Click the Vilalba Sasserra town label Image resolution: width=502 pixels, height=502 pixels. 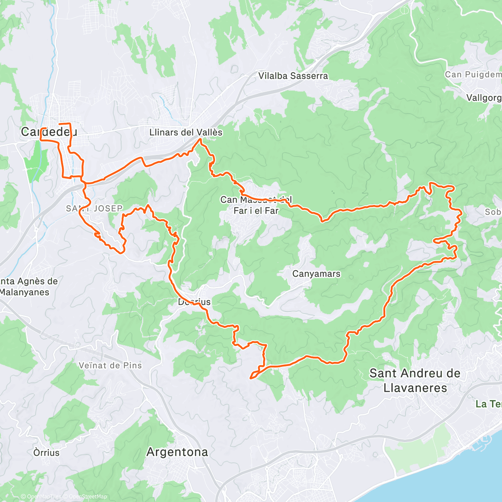coord(293,76)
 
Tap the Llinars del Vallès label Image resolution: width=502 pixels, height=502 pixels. coord(186,132)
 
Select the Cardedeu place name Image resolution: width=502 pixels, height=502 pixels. coord(49,132)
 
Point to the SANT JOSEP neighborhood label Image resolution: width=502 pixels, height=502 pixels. coord(94,208)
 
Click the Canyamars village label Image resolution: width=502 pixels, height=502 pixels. coord(316,274)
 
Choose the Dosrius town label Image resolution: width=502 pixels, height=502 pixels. coord(194,302)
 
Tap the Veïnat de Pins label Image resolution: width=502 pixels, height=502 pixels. coord(110,365)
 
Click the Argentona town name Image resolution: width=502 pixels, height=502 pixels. coord(177,452)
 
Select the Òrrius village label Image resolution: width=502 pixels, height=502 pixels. coord(46,453)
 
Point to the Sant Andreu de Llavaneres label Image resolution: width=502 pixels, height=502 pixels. coord(415,380)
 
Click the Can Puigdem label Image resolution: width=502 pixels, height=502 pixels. coord(473,74)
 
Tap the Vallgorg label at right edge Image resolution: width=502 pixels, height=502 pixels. coord(484,98)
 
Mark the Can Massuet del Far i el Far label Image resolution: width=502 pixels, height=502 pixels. coord(256,205)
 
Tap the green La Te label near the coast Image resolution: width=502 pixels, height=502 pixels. coord(488,404)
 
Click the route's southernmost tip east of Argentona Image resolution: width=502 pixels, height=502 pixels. coord(251,378)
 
